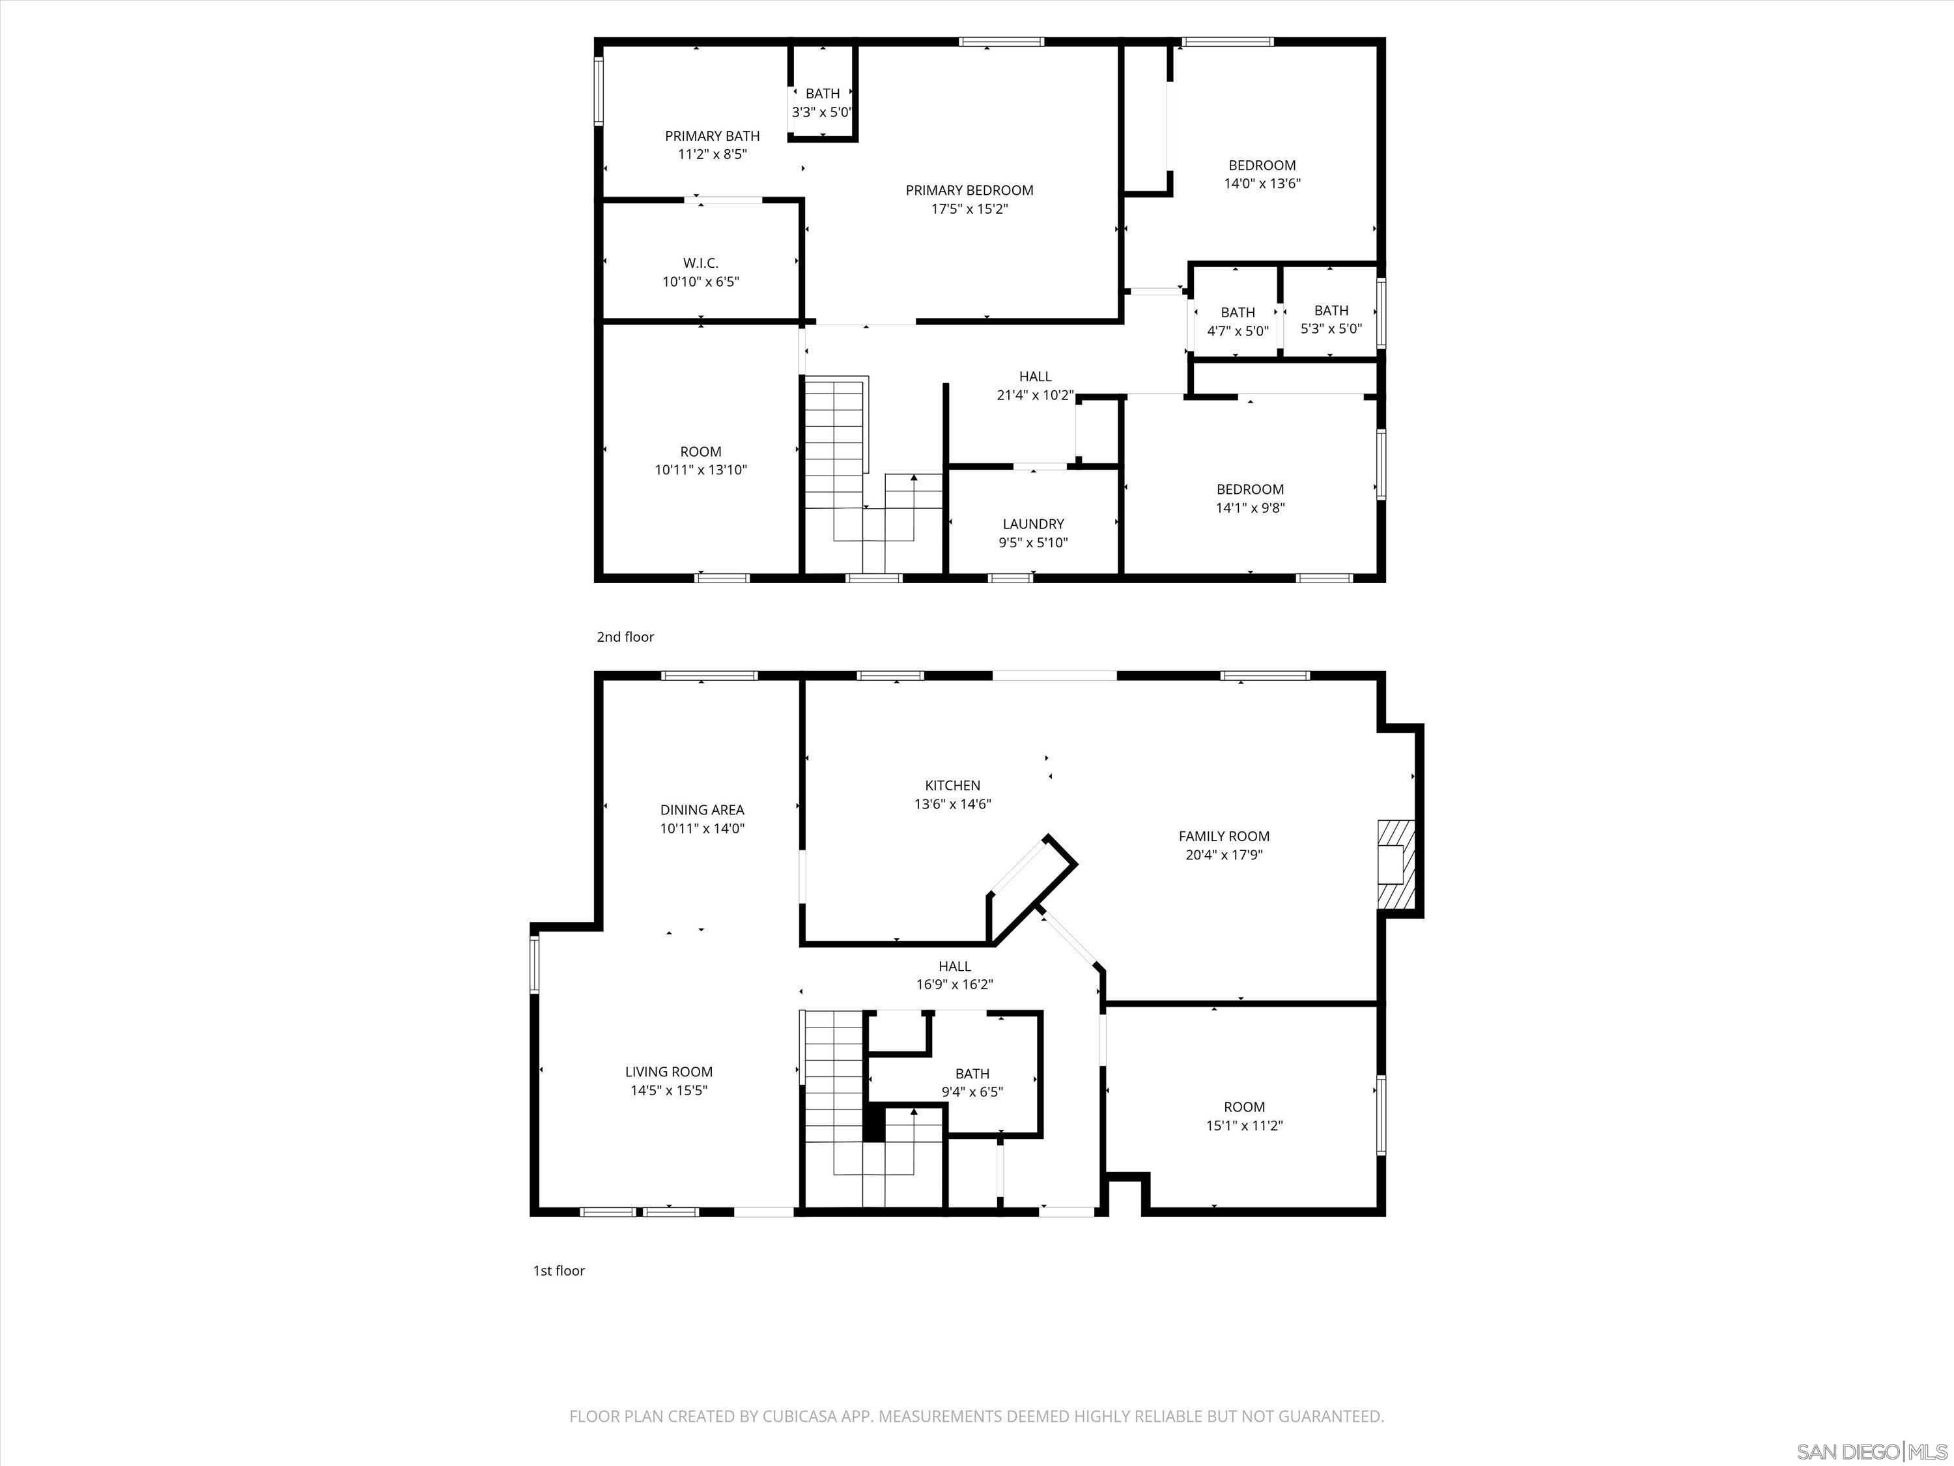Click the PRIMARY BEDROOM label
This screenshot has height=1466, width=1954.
(969, 190)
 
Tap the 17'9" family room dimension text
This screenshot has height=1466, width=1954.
(1245, 854)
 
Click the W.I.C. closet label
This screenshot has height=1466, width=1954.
(700, 263)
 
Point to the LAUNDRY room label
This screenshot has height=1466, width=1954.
(1032, 524)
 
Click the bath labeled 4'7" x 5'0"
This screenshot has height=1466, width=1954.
(1238, 322)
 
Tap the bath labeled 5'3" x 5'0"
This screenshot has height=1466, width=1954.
(1330, 319)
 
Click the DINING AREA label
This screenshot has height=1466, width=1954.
(702, 809)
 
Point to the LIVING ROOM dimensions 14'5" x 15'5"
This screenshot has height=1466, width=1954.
(669, 1091)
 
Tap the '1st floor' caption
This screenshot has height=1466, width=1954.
(558, 1270)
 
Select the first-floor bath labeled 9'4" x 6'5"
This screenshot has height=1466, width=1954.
(972, 1082)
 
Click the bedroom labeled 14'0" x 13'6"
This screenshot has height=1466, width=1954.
(1262, 174)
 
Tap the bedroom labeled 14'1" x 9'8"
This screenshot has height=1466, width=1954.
(1249, 498)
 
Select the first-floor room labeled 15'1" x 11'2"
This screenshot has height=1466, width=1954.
(1244, 1116)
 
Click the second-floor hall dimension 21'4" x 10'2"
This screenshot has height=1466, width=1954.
(1034, 395)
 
